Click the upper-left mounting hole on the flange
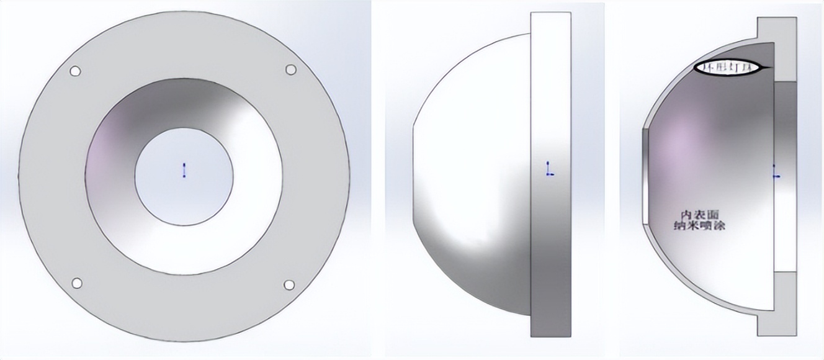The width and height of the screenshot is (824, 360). pos(75,71)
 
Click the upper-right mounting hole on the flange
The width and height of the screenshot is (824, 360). pos(290,70)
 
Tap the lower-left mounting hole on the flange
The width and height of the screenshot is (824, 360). pos(77,283)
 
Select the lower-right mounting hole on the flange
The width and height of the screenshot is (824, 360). pos(289,285)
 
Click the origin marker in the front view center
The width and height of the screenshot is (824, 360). pos(184,170)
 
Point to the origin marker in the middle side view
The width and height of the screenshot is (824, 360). pos(549,169)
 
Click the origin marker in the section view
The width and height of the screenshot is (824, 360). pos(775,172)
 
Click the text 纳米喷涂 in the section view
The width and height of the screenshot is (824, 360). pos(700,226)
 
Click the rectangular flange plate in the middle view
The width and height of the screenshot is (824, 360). pos(550,248)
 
